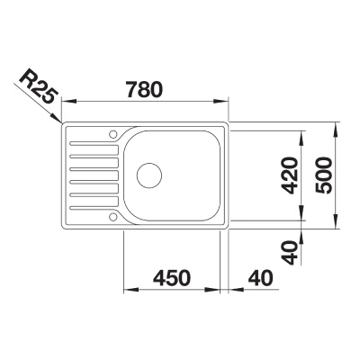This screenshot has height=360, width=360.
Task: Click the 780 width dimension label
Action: tap(145, 89)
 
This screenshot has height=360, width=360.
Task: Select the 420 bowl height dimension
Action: tap(291, 175)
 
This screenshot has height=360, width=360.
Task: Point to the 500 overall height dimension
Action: tap(324, 175)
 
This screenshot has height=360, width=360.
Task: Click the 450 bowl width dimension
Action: tap(172, 278)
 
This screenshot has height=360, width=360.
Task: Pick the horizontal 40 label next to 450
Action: tap(260, 278)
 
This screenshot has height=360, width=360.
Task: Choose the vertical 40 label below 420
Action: tap(291, 253)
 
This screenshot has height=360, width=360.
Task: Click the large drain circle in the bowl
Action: tap(149, 175)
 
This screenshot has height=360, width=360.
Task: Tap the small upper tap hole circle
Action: tap(112, 134)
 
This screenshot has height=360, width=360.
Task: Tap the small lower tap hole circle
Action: tap(112, 217)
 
